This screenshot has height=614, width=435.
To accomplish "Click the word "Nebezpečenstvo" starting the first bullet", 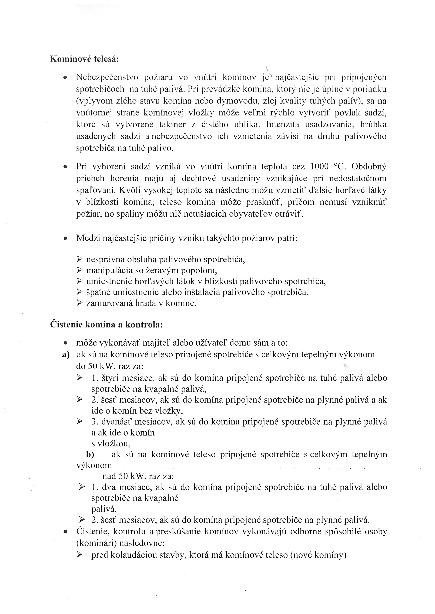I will [x=107, y=77].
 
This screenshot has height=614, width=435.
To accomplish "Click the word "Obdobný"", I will [x=369, y=166].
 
